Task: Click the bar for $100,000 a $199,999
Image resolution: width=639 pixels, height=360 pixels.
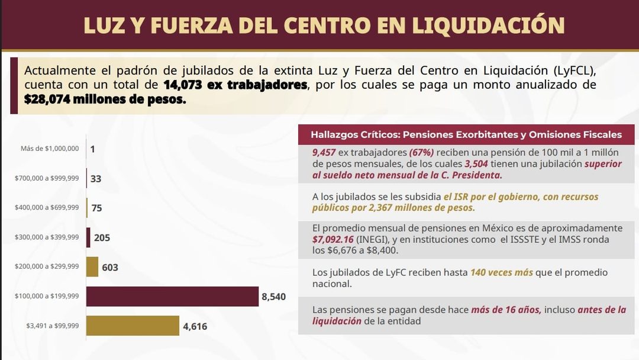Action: tap(172, 297)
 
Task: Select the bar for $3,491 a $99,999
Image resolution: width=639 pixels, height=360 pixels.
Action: tap(133, 326)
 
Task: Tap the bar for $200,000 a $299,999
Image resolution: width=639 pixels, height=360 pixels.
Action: tap(92, 266)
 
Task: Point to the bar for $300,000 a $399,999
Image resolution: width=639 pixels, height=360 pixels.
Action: tap(88, 237)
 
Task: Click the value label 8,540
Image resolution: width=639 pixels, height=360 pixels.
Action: tap(274, 297)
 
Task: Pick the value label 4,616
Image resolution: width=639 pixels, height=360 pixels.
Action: tap(195, 326)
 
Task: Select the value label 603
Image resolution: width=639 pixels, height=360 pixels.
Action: tap(110, 268)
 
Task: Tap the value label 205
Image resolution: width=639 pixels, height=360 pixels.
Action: tap(102, 237)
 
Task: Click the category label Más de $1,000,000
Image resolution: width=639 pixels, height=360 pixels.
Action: tap(50, 149)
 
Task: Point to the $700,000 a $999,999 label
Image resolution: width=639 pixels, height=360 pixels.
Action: tap(47, 178)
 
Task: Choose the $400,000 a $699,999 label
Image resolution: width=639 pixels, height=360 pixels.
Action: tap(47, 207)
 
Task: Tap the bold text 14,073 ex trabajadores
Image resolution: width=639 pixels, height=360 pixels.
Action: tap(235, 85)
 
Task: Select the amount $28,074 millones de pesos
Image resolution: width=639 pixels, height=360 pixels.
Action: tap(105, 99)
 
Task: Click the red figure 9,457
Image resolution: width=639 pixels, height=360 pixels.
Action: tap(324, 153)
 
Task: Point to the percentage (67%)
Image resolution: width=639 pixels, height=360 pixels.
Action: tap(422, 153)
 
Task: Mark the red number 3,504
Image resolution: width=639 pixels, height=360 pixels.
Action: tap(476, 164)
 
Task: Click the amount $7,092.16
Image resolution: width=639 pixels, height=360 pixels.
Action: tap(333, 239)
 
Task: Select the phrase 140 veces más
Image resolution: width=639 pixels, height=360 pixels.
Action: tap(502, 272)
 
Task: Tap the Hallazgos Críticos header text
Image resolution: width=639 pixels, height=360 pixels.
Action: tap(466, 134)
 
